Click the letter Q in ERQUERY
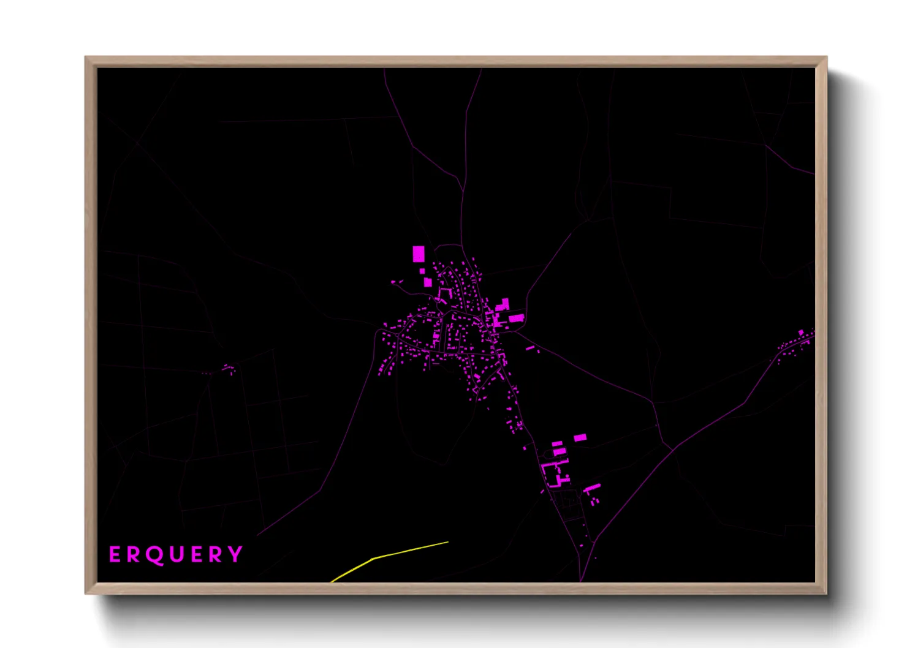tap(154, 555)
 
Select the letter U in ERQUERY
tap(176, 555)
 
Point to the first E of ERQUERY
tap(115, 555)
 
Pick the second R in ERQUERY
tap(216, 555)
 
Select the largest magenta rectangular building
tap(419, 254)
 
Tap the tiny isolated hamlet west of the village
tap(228, 369)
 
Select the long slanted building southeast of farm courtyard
tap(592, 488)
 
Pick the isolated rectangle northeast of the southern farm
tap(580, 437)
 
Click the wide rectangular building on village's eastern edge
tap(516, 318)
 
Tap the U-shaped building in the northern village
tap(444, 294)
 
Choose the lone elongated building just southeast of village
tap(530, 348)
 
